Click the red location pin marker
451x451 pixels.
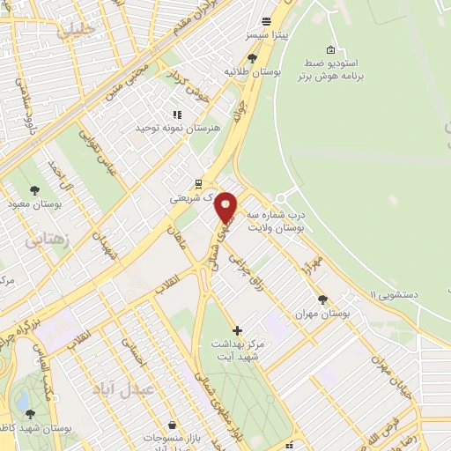[x=226, y=206]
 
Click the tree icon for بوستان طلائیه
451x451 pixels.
[x=253, y=58]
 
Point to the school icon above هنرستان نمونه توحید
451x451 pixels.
[x=176, y=115]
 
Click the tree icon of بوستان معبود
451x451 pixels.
[x=35, y=190]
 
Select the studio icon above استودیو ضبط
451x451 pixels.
[x=330, y=49]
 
